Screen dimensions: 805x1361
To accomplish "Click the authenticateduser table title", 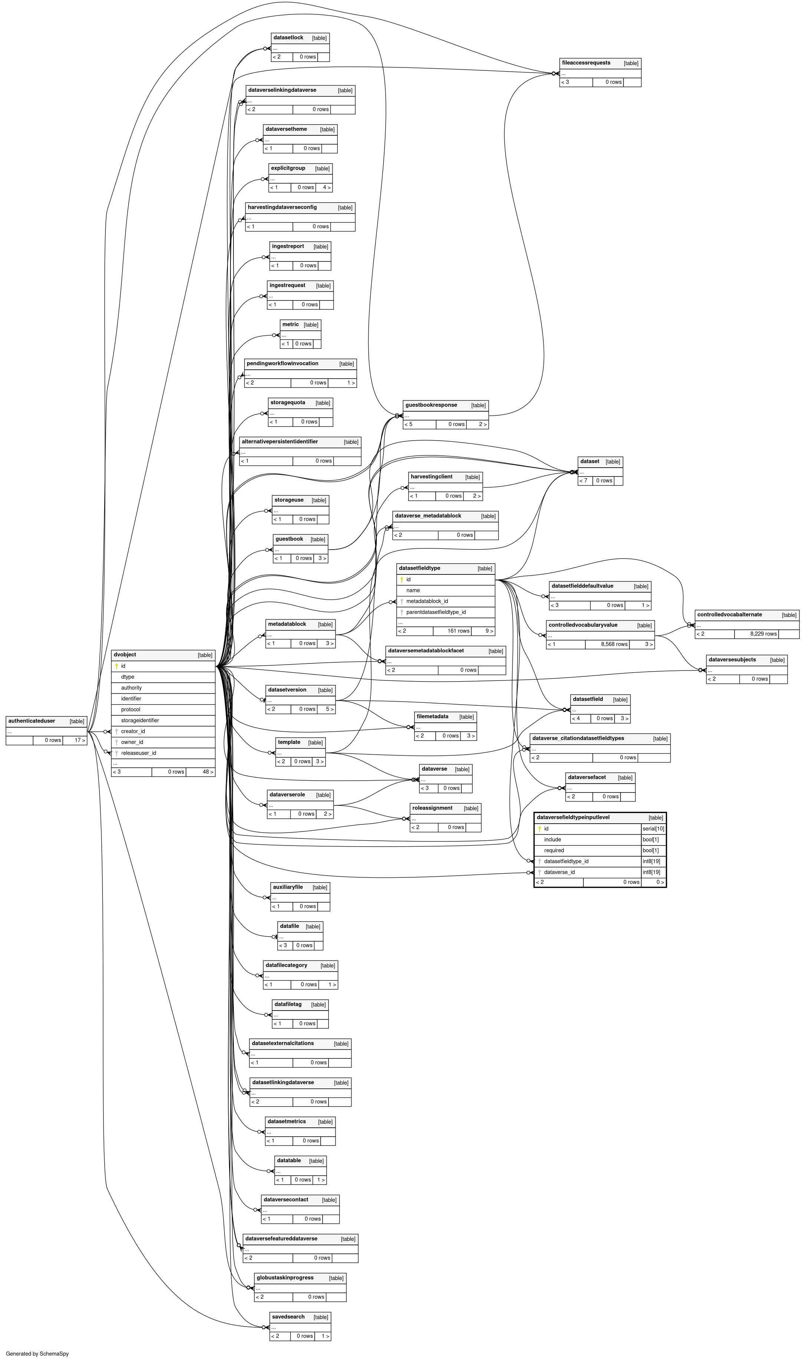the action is (32, 721).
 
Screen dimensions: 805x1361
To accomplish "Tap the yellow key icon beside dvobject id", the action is (117, 666).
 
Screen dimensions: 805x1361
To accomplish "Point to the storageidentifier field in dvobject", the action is (140, 720).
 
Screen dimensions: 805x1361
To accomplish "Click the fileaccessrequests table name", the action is (586, 63).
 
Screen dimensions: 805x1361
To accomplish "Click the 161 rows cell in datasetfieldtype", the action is (458, 631).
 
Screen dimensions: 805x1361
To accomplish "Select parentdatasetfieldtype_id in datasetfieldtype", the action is (436, 612).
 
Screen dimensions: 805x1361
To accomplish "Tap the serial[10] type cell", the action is (653, 829).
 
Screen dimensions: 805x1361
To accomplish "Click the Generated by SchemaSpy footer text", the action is (37, 1354).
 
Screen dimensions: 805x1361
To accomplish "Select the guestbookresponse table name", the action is (431, 405).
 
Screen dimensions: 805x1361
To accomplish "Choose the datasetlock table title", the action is (288, 37).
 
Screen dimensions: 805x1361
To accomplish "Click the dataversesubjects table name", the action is (732, 660).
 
